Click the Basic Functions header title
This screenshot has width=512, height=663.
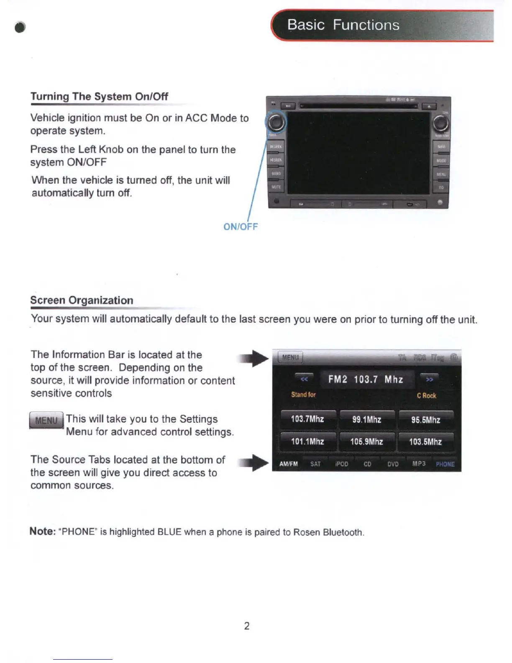pyautogui.click(x=343, y=25)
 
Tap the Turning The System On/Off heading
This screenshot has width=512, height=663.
pyautogui.click(x=99, y=97)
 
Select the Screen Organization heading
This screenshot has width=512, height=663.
pyautogui.click(x=82, y=300)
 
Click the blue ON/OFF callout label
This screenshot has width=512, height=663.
pyautogui.click(x=241, y=227)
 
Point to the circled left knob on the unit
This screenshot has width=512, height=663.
pyautogui.click(x=276, y=123)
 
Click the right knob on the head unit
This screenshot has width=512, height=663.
pyautogui.click(x=440, y=123)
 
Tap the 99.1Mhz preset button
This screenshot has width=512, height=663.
pyautogui.click(x=367, y=419)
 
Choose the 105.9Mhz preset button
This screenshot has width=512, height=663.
pyautogui.click(x=367, y=442)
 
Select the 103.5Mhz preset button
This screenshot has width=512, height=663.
pyautogui.click(x=425, y=442)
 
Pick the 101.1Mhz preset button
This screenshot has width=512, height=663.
pyautogui.click(x=307, y=442)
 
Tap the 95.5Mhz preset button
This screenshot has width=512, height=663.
pyautogui.click(x=425, y=419)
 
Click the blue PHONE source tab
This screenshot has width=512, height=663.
pyautogui.click(x=445, y=464)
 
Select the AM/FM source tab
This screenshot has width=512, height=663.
pyautogui.click(x=289, y=464)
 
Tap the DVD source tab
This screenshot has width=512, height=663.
pyautogui.click(x=393, y=464)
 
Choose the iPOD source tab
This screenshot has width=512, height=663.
pyautogui.click(x=342, y=464)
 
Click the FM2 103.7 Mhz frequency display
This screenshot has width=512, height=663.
pyautogui.click(x=366, y=379)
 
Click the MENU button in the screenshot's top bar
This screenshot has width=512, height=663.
pyautogui.click(x=290, y=357)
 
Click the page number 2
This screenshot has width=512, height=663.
pyautogui.click(x=247, y=626)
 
